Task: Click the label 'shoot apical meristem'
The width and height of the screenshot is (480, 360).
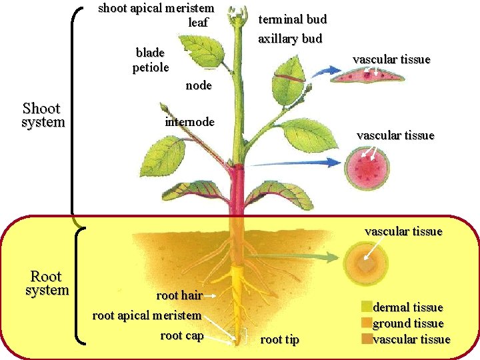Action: coord(156,9)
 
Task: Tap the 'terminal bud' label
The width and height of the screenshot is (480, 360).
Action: coord(292,19)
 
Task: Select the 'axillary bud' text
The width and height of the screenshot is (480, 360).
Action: coord(290,39)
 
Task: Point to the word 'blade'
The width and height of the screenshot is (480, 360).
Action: coord(150,53)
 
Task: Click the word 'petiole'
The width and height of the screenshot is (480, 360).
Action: coord(151,67)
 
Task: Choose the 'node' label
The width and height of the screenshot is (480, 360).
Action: coord(199,85)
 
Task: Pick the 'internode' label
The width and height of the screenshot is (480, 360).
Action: coord(189,122)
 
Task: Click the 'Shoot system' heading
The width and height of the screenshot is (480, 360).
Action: coord(43,115)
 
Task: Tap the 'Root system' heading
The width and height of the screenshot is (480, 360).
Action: coord(46,283)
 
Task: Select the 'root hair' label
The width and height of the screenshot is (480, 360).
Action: coord(179,295)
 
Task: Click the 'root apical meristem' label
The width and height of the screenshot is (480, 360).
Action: coord(147,315)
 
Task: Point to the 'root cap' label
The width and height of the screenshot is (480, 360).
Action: coord(181,335)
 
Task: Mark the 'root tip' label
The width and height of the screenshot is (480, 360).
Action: coord(279,340)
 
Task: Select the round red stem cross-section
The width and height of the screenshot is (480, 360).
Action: coord(367,168)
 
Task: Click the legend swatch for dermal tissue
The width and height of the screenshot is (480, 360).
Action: coord(366,307)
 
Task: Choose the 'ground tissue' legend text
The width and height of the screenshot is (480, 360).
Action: coord(408,323)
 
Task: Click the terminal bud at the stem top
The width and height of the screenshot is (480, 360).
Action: coord(235,16)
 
